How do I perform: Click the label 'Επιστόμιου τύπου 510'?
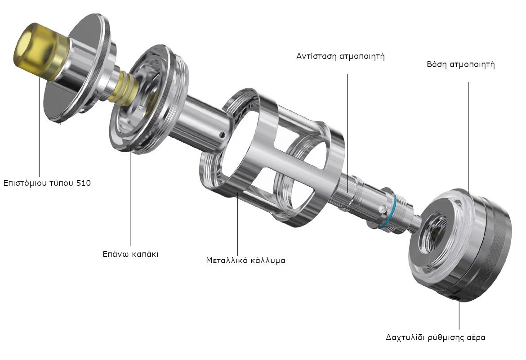pos(47,183)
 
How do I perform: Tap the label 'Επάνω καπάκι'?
pos(130,254)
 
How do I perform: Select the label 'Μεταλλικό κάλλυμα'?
pos(245,260)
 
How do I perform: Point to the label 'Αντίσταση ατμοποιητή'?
pos(340,56)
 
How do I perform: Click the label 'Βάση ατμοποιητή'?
pos(460,64)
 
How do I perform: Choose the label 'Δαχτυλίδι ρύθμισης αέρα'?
pos(436,337)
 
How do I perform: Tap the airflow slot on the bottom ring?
pos(455,298)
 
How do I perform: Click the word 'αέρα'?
pos(476,337)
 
